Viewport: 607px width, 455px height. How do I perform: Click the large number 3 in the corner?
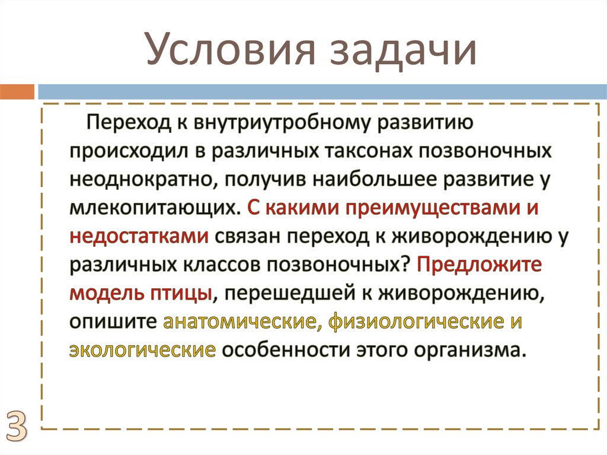tap(17, 425)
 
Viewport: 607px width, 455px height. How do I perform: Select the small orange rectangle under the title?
tap(17, 92)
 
